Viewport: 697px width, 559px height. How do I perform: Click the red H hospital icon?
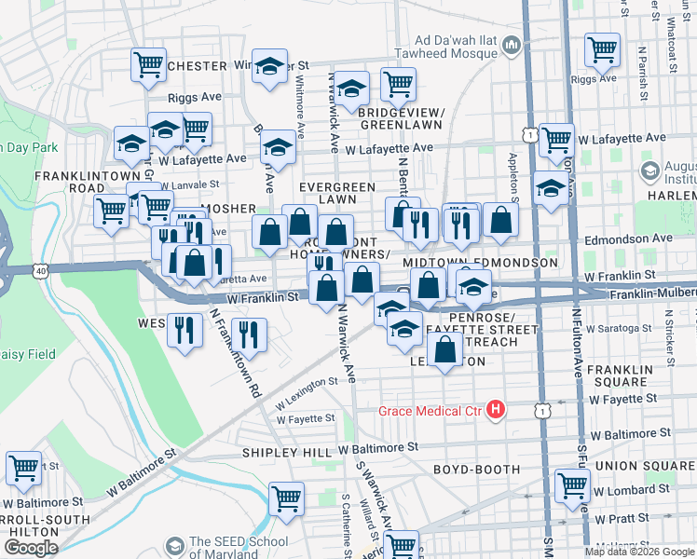point(496,410)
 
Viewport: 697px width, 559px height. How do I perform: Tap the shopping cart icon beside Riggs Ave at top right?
point(602,48)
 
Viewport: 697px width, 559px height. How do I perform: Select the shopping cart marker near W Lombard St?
point(572,484)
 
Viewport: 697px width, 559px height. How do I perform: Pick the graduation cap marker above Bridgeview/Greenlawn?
point(351,89)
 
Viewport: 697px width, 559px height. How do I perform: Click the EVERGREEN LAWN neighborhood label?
point(331,192)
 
